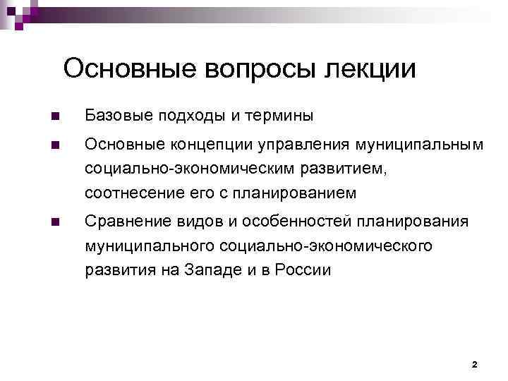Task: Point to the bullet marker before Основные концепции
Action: (55, 145)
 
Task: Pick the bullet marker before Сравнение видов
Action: (55, 223)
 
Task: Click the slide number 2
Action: (474, 365)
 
